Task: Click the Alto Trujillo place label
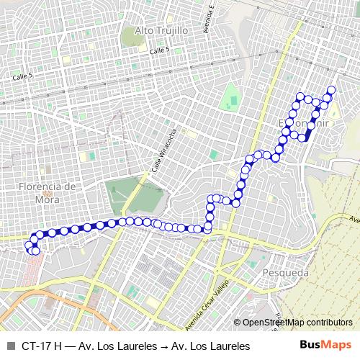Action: pos(161,31)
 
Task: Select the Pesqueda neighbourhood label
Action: pos(286,273)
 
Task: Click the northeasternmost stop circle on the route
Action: pos(331,90)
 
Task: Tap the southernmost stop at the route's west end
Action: pos(35,251)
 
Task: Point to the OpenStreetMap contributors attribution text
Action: pos(297,323)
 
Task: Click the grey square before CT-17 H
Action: pos(10,345)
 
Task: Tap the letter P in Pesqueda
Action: pos(267,273)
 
